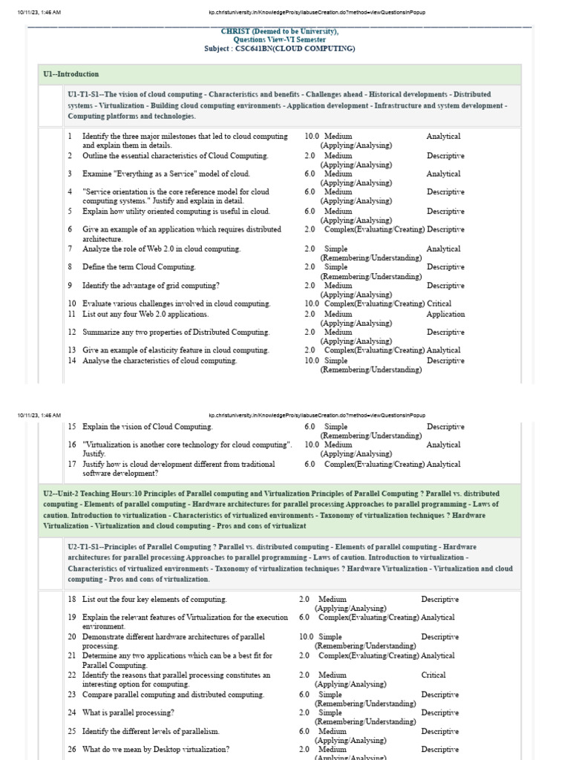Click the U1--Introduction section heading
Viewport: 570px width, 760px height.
pyautogui.click(x=71, y=74)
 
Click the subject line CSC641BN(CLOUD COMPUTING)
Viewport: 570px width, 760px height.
pyautogui.click(x=279, y=48)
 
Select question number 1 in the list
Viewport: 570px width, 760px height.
pyautogui.click(x=70, y=137)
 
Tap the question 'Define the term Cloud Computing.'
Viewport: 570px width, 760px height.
pyautogui.click(x=139, y=267)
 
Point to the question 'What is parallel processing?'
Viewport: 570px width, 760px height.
pyautogui.click(x=128, y=712)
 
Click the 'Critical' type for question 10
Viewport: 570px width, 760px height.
pyautogui.click(x=439, y=304)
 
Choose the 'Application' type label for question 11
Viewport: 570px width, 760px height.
pyautogui.click(x=445, y=314)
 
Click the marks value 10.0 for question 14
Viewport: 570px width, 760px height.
pyautogui.click(x=311, y=361)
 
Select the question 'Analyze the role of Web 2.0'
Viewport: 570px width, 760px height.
pyautogui.click(x=161, y=249)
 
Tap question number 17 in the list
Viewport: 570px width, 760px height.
pyautogui.click(x=72, y=464)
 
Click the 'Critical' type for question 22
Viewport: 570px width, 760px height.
pyautogui.click(x=433, y=675)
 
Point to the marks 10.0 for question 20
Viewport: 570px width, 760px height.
pyautogui.click(x=306, y=637)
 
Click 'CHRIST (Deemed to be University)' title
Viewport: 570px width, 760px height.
pyautogui.click(x=279, y=31)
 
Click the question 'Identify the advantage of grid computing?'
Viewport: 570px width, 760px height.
pyautogui.click(x=151, y=286)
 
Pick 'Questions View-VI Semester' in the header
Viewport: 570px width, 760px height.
pyautogui.click(x=279, y=40)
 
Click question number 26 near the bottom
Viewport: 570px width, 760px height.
pyautogui.click(x=72, y=750)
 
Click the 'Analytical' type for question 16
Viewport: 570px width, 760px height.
pyautogui.click(x=443, y=445)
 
